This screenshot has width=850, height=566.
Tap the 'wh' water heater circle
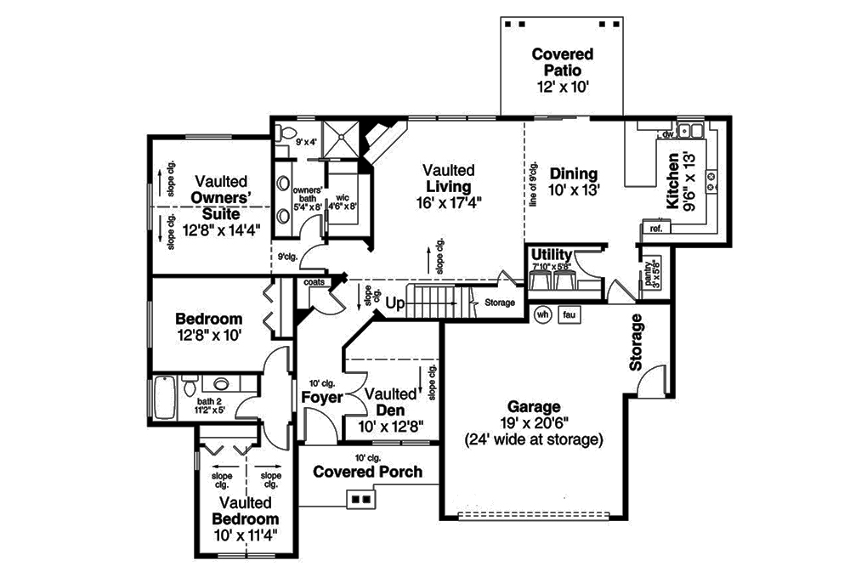[x=541, y=314]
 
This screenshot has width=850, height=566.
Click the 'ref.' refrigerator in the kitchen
[x=655, y=227]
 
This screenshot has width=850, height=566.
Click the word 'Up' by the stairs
[x=394, y=303]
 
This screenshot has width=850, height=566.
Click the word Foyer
[x=321, y=397]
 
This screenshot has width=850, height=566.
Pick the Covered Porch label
[x=367, y=472]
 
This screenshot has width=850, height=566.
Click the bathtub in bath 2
[x=164, y=397]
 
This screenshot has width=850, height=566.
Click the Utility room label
[x=551, y=254]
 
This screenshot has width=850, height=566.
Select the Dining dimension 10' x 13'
[x=574, y=190]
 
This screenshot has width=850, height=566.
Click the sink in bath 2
[x=221, y=383]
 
